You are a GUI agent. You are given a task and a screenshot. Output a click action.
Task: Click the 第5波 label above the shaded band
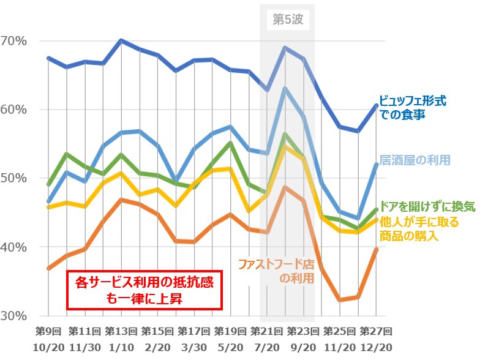point(287,19)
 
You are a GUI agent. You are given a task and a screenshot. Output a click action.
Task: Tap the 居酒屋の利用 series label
point(416,160)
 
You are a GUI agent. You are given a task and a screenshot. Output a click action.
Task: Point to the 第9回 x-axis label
point(48,331)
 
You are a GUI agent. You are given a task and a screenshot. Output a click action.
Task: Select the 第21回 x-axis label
point(267,331)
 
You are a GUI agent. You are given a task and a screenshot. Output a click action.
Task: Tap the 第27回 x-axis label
point(375,331)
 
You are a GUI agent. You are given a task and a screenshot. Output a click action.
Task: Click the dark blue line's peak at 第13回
point(121,40)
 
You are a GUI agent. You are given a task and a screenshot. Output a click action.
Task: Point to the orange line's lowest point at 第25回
point(340,300)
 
